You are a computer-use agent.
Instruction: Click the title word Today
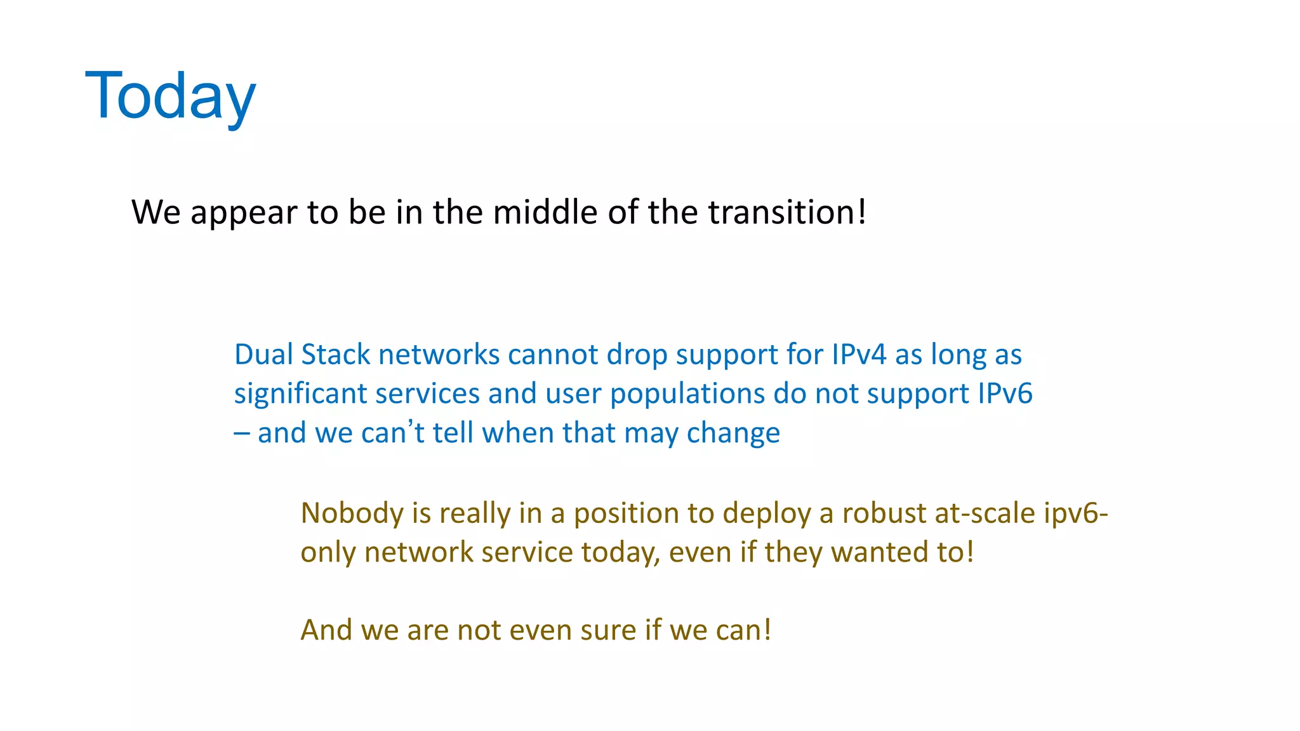click(170, 96)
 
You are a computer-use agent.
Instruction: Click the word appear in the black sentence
click(244, 213)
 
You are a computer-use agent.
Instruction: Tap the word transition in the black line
click(782, 212)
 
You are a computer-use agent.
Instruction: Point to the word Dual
click(263, 354)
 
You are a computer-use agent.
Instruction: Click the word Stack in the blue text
click(335, 354)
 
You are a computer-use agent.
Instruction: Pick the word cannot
click(552, 354)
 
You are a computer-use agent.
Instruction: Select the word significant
click(300, 394)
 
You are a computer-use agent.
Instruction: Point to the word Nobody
click(352, 513)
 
